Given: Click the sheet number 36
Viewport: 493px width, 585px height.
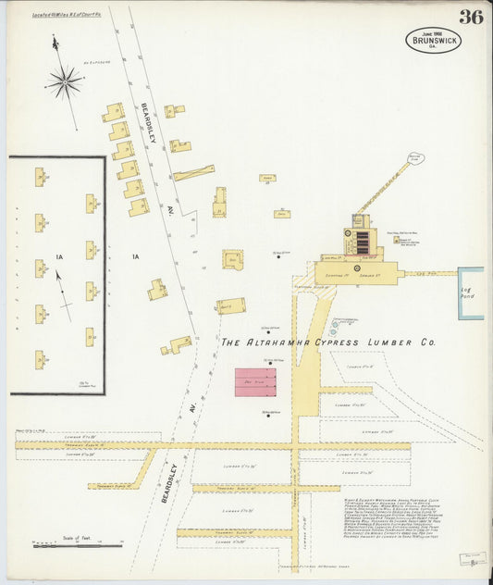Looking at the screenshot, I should coord(470,17).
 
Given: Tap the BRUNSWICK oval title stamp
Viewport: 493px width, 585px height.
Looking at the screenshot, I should coord(433,40).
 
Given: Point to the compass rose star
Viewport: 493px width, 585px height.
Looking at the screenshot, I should coord(65,82).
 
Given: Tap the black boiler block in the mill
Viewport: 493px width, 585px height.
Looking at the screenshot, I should coord(363,243).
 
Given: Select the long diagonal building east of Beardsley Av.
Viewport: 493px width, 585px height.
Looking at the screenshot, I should coord(193,172).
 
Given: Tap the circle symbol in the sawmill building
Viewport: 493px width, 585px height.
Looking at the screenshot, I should coord(356,269).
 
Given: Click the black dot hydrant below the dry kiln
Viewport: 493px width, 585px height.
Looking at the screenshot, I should coord(268,414).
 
